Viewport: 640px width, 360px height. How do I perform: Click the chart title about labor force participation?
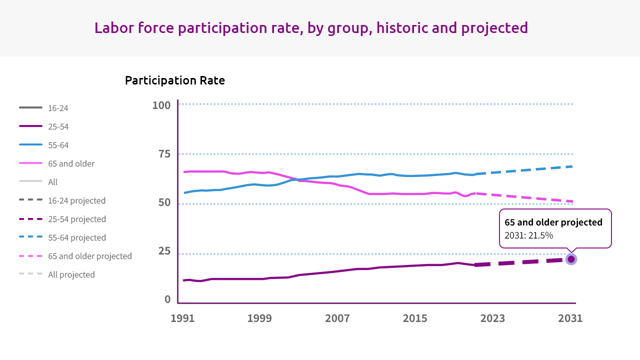click(311, 27)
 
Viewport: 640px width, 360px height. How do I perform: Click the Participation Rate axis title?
click(174, 80)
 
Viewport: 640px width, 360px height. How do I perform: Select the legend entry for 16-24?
click(58, 108)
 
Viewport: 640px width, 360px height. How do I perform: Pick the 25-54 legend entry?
click(58, 126)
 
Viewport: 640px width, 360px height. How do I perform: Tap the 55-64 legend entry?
click(58, 145)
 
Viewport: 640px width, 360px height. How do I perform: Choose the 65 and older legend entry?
click(71, 163)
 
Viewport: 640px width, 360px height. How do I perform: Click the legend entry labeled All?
click(52, 182)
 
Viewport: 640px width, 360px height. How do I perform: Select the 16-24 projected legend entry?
click(76, 200)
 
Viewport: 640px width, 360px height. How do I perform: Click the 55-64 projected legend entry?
click(76, 237)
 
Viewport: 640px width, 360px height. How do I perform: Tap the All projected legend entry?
click(71, 274)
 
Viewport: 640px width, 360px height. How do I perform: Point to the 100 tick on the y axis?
click(161, 105)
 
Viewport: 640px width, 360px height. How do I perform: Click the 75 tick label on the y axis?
click(164, 154)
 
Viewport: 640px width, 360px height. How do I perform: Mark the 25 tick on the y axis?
click(164, 251)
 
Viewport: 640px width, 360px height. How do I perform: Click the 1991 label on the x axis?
click(182, 318)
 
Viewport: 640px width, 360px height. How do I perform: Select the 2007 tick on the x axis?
click(337, 318)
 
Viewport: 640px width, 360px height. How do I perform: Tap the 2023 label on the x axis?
click(492, 318)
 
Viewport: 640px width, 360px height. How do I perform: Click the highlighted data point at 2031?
click(571, 259)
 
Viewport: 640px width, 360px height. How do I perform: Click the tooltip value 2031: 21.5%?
click(528, 235)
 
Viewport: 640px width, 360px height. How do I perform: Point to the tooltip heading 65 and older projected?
click(553, 222)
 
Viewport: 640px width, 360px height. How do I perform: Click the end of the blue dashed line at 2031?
click(571, 166)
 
